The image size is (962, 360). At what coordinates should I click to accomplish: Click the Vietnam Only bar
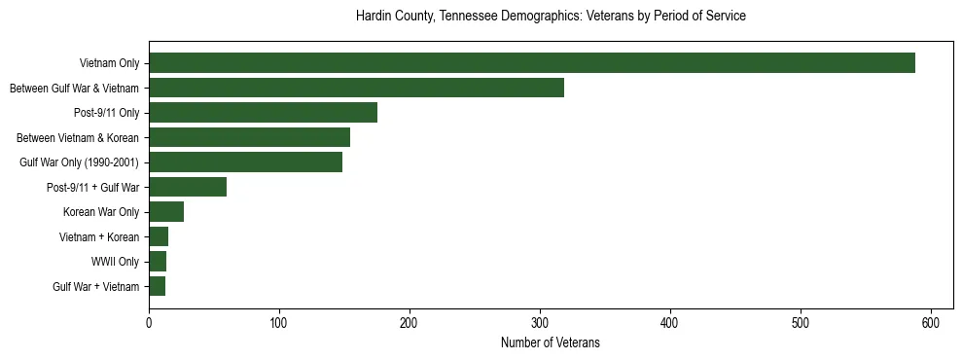click(x=532, y=63)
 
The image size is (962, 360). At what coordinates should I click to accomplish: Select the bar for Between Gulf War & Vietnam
click(x=356, y=88)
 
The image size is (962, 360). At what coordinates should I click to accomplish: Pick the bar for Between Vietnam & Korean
click(x=249, y=137)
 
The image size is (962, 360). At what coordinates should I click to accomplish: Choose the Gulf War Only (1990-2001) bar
click(x=245, y=162)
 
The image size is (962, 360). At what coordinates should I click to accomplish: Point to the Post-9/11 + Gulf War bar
click(x=188, y=187)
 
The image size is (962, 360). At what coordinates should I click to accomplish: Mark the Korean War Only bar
click(x=166, y=212)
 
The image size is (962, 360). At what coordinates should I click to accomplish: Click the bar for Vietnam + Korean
click(x=159, y=236)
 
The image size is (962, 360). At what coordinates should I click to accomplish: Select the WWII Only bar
click(x=158, y=262)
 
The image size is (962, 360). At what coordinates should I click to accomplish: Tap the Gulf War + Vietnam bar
click(x=157, y=286)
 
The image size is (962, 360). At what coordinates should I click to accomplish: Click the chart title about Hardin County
click(x=551, y=17)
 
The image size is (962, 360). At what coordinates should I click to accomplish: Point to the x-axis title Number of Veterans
click(x=551, y=343)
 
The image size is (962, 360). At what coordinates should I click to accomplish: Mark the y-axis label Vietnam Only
click(x=109, y=63)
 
